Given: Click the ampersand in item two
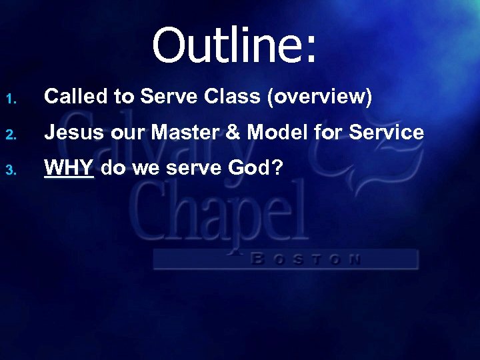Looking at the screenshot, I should (235, 133).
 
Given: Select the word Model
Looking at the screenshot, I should (275, 133).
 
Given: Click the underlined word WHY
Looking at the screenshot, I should (69, 168).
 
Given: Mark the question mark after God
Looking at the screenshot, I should (277, 168).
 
